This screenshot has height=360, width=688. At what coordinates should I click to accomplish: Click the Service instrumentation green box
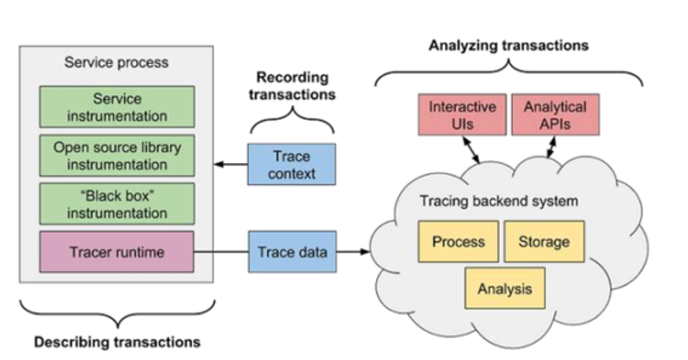[x=117, y=107]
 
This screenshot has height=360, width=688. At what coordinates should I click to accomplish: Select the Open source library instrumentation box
[x=117, y=156]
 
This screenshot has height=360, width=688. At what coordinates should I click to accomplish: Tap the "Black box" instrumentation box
[x=117, y=204]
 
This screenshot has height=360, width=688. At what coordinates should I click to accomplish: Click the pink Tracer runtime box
[x=117, y=252]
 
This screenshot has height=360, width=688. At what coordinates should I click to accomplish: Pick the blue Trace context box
[x=291, y=165]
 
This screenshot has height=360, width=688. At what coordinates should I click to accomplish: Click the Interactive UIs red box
[x=463, y=115]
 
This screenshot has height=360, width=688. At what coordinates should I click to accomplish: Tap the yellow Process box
[x=458, y=241]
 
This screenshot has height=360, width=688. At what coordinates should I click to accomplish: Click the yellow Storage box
[x=544, y=241]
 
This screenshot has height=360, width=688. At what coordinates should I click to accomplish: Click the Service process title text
[x=116, y=62]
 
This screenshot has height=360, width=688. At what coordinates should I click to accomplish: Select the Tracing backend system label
[x=499, y=202]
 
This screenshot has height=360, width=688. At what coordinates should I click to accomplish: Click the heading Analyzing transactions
[x=509, y=45]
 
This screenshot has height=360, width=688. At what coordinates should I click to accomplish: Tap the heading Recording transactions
[x=292, y=86]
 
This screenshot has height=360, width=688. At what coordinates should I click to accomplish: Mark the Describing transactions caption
[x=117, y=342]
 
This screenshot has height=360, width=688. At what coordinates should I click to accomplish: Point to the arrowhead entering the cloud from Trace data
[x=364, y=252]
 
